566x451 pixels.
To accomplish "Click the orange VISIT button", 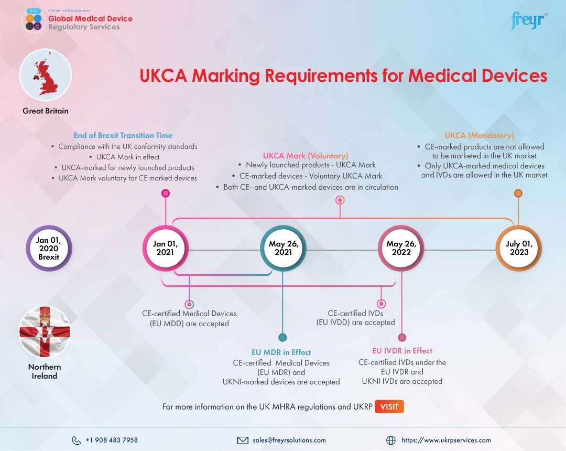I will (389, 406).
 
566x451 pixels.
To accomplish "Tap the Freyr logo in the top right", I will (528, 21).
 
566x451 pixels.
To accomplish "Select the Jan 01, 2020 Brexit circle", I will (49, 249).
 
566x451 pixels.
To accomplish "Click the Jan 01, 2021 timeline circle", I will (166, 249).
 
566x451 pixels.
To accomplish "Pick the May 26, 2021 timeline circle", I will (284, 249).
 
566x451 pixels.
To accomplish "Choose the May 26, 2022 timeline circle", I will (401, 249).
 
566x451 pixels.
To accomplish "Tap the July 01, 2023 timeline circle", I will (518, 249).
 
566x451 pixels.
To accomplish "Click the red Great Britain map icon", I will (45, 75).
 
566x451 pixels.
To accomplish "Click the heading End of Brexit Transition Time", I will (123, 135).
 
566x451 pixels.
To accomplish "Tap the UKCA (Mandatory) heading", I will (479, 135).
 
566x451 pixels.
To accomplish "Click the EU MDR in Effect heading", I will (281, 352).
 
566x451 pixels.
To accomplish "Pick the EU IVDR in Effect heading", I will (402, 351).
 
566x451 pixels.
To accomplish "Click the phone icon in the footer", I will (77, 441).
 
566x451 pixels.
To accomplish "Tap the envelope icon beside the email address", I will (243, 441).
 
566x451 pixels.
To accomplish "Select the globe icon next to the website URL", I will (390, 441).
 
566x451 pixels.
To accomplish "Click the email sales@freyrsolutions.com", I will (289, 441).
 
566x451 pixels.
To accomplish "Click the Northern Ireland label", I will (45, 371).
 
